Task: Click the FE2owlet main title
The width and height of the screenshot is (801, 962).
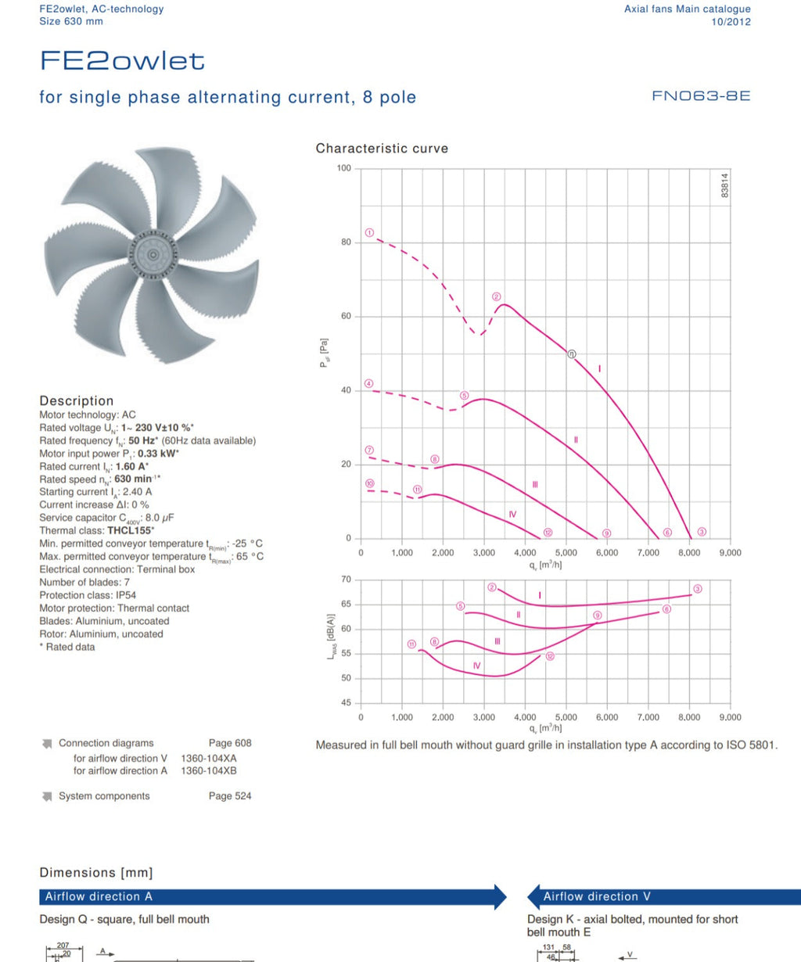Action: (x=122, y=61)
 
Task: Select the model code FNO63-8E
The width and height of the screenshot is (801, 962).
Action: (x=701, y=96)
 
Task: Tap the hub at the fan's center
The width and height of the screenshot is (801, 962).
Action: (x=153, y=255)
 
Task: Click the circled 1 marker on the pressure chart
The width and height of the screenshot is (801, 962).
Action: (x=370, y=232)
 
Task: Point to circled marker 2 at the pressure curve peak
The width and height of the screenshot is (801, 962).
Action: (x=497, y=296)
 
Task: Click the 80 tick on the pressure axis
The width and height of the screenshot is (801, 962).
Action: (x=346, y=242)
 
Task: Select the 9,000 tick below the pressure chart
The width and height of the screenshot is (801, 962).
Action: (x=730, y=552)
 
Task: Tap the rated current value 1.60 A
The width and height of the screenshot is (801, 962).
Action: (x=132, y=466)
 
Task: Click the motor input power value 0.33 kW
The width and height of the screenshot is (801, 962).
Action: (x=158, y=454)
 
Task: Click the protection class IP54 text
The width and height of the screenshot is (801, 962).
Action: (x=126, y=595)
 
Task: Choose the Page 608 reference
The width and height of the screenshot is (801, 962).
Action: (x=230, y=743)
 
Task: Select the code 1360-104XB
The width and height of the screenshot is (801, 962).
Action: (x=209, y=771)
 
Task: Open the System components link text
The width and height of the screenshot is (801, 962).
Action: (x=104, y=796)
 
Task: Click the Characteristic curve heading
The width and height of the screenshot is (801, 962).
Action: (x=382, y=149)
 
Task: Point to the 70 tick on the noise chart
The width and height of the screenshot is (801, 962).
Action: (x=346, y=579)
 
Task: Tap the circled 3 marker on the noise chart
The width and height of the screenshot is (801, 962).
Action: (x=697, y=589)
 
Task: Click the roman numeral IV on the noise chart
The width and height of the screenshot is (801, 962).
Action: (x=476, y=666)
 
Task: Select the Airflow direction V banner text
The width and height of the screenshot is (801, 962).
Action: (x=597, y=896)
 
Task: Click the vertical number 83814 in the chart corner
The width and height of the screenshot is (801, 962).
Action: (x=725, y=185)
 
